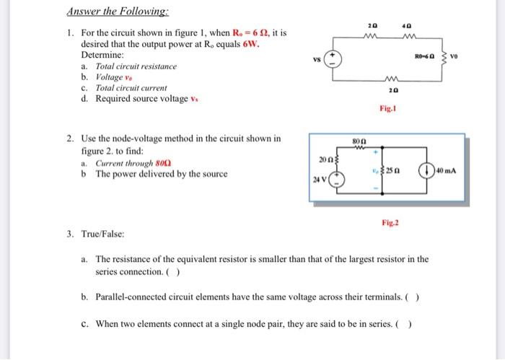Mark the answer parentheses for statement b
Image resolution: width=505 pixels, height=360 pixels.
pos(413,297)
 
